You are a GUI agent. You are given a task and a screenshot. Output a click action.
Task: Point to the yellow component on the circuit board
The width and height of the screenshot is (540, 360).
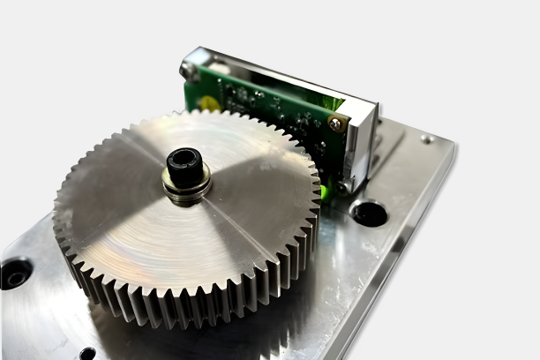pyautogui.click(x=209, y=103)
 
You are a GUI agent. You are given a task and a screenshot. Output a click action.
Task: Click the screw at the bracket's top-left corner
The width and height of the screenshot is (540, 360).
pyautogui.click(x=188, y=67)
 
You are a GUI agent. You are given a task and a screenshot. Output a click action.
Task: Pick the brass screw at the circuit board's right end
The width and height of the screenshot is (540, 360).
pyautogui.click(x=335, y=125)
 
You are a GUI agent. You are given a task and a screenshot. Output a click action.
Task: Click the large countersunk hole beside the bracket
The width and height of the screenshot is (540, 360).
pyautogui.click(x=369, y=213)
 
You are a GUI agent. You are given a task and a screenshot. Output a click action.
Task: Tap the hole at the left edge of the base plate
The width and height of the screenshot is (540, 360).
pyautogui.click(x=15, y=274)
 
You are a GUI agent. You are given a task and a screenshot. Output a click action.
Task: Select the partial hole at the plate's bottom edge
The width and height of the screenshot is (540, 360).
pyautogui.click(x=87, y=354)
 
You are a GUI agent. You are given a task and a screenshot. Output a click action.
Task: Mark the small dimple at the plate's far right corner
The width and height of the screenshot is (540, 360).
pyautogui.click(x=427, y=139)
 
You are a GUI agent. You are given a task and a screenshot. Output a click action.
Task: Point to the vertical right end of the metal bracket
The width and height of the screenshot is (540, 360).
pyautogui.click(x=362, y=146)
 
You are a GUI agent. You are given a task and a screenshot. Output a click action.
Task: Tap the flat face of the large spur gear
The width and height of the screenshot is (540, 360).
pyautogui.click(x=132, y=221)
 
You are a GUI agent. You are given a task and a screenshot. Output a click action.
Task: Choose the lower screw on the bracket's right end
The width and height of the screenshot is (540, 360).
pyautogui.click(x=345, y=185)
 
